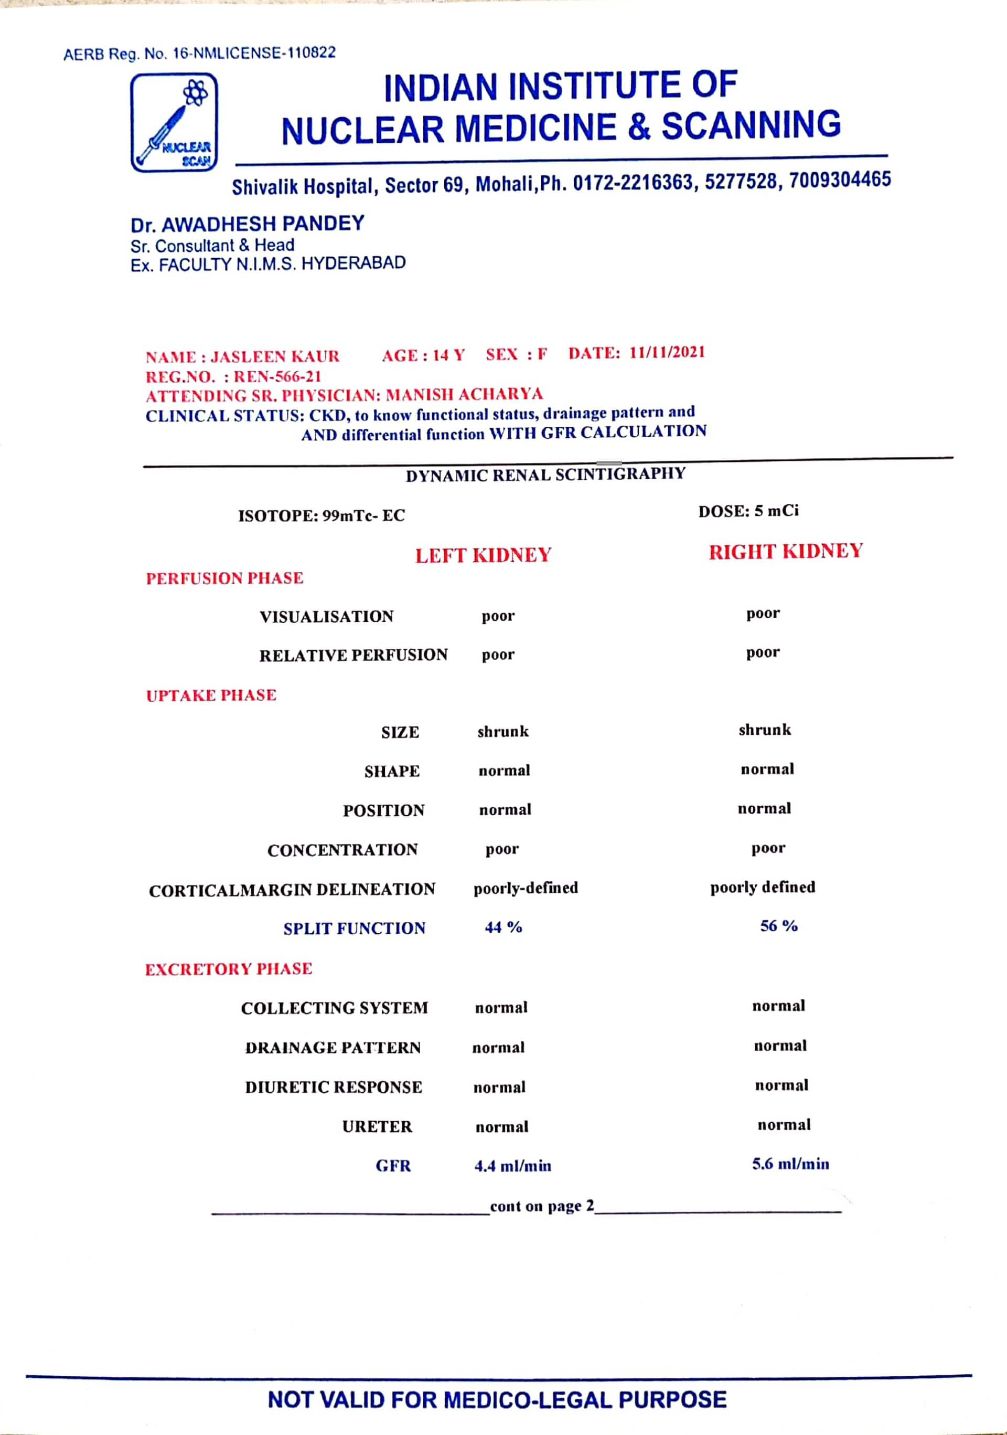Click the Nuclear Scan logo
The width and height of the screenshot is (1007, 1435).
tap(174, 122)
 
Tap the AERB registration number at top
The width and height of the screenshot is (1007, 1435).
tap(199, 53)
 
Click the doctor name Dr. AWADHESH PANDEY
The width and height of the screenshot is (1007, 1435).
tap(248, 224)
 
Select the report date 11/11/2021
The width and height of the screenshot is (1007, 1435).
tap(667, 353)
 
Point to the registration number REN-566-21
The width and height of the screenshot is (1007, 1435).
tap(277, 376)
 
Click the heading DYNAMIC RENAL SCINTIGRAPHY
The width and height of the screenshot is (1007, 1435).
tap(545, 475)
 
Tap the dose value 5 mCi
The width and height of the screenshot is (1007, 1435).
tap(776, 511)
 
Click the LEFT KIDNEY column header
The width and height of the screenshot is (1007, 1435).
tap(483, 555)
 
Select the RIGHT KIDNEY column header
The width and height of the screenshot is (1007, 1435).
tap(785, 551)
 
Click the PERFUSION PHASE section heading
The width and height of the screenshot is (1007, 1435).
tap(224, 578)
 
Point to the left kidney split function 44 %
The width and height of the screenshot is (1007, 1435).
tap(503, 927)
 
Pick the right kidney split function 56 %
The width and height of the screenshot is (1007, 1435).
tap(778, 926)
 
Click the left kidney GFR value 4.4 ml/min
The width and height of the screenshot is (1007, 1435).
tap(512, 1166)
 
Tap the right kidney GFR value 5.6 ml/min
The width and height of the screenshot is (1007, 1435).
tap(790, 1164)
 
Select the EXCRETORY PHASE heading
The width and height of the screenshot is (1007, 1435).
tap(228, 969)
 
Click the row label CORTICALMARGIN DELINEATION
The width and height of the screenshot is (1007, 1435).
tap(292, 889)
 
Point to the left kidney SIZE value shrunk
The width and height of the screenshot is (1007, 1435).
tap(503, 731)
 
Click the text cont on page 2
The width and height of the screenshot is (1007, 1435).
tap(542, 1206)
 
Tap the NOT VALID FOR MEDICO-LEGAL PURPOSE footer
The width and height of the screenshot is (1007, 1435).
tap(497, 1399)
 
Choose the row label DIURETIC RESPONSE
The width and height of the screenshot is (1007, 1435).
tap(333, 1087)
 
